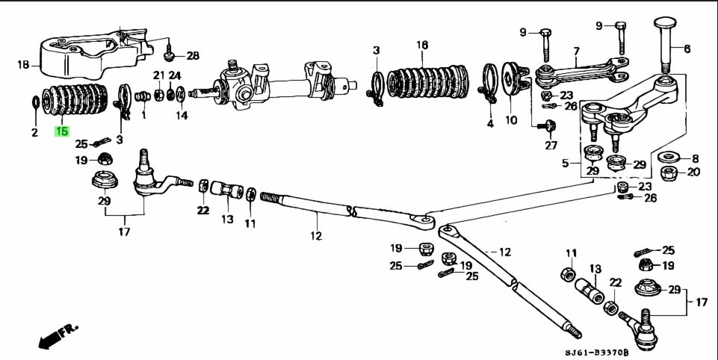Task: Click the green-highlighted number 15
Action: (x=61, y=131)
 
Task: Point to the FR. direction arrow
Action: (x=58, y=334)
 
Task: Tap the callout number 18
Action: (x=23, y=66)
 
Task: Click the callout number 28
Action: (x=193, y=56)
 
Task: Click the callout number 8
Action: (x=694, y=158)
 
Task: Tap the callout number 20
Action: (x=693, y=172)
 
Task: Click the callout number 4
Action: (x=490, y=122)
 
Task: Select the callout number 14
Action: (x=182, y=115)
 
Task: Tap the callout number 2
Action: (x=34, y=132)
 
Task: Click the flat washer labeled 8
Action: (x=666, y=158)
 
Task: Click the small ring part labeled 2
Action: (x=35, y=101)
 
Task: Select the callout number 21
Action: (x=158, y=75)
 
